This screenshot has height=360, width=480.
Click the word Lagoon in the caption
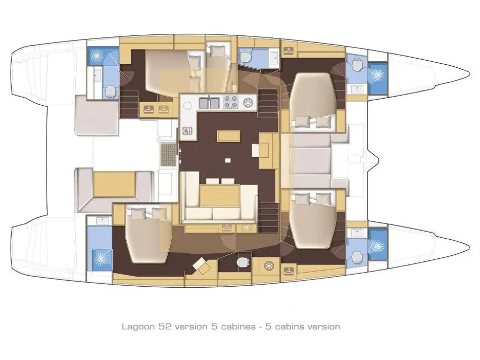coord(138,327)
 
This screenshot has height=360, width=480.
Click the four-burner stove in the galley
coord(230,102)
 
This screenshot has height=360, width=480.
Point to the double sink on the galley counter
coord(209,103)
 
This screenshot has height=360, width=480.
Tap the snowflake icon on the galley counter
coord(249,102)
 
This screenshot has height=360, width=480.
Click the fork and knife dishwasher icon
coord(187,131)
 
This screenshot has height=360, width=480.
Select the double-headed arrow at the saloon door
coord(180,156)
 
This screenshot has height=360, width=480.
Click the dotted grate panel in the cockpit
coord(168,155)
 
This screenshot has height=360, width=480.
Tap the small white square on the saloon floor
coord(227,160)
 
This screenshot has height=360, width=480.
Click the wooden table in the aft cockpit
coord(114,184)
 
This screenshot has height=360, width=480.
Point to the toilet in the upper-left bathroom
coord(110,91)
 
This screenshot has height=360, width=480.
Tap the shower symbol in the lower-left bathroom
coord(100,259)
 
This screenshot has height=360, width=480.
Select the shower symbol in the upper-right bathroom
coord(377,74)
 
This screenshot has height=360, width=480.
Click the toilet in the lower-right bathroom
coord(357,257)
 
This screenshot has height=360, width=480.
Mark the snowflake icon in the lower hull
coord(268,265)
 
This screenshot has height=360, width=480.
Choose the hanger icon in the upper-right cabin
coord(288,51)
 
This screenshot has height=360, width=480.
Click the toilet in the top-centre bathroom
coord(245,56)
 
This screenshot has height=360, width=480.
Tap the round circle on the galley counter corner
coord(187,106)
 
